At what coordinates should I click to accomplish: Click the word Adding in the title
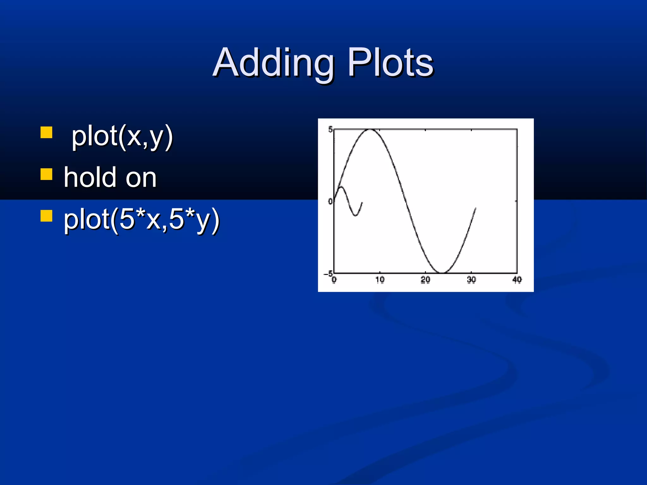click(x=274, y=63)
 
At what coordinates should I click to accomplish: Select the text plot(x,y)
click(x=122, y=136)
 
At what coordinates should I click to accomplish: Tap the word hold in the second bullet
click(x=90, y=177)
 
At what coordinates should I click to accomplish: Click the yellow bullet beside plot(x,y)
click(x=46, y=133)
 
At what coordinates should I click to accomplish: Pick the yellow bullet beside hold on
click(x=46, y=174)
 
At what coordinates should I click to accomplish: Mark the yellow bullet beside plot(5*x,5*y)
click(x=46, y=216)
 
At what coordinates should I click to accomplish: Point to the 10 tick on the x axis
click(x=380, y=280)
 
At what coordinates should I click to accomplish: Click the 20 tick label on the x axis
click(x=426, y=280)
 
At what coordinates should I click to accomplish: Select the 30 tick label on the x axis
click(x=471, y=280)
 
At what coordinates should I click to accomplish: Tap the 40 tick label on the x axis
click(x=517, y=280)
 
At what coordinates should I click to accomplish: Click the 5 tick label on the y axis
click(x=330, y=129)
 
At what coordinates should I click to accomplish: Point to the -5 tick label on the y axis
click(x=328, y=273)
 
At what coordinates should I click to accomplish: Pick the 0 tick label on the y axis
click(x=330, y=201)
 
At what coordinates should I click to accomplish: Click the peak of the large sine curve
click(x=370, y=129)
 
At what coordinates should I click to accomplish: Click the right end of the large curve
click(x=475, y=208)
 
